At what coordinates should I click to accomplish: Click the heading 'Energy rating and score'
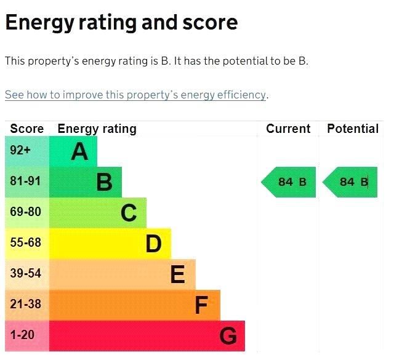pos(121,23)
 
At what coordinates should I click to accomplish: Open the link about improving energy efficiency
pos(135,95)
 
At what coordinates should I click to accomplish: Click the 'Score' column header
pos(27,129)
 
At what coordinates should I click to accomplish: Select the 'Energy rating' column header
pos(97,129)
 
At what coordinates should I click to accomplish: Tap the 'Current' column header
pos(288,129)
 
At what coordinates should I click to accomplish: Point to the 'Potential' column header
pos(353,129)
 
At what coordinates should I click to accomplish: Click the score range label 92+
pos(20,151)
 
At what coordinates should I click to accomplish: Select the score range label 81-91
pos(25,182)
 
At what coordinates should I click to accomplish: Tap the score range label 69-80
pos(25,212)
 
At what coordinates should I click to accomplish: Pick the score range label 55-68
pos(25,242)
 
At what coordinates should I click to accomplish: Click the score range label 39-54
pos(25,273)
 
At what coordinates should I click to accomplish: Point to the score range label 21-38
pos(25,304)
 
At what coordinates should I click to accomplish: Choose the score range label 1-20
pos(23,335)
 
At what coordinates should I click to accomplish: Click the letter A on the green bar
pos(79,151)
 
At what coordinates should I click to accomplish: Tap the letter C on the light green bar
pos(128,213)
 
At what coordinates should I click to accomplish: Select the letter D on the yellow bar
pos(153,244)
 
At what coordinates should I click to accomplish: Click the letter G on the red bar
pos(228,336)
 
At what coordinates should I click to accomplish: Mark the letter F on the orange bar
pos(201,305)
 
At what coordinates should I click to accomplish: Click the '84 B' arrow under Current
pos(289,182)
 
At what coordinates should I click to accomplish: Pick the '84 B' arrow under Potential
pos(351,182)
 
